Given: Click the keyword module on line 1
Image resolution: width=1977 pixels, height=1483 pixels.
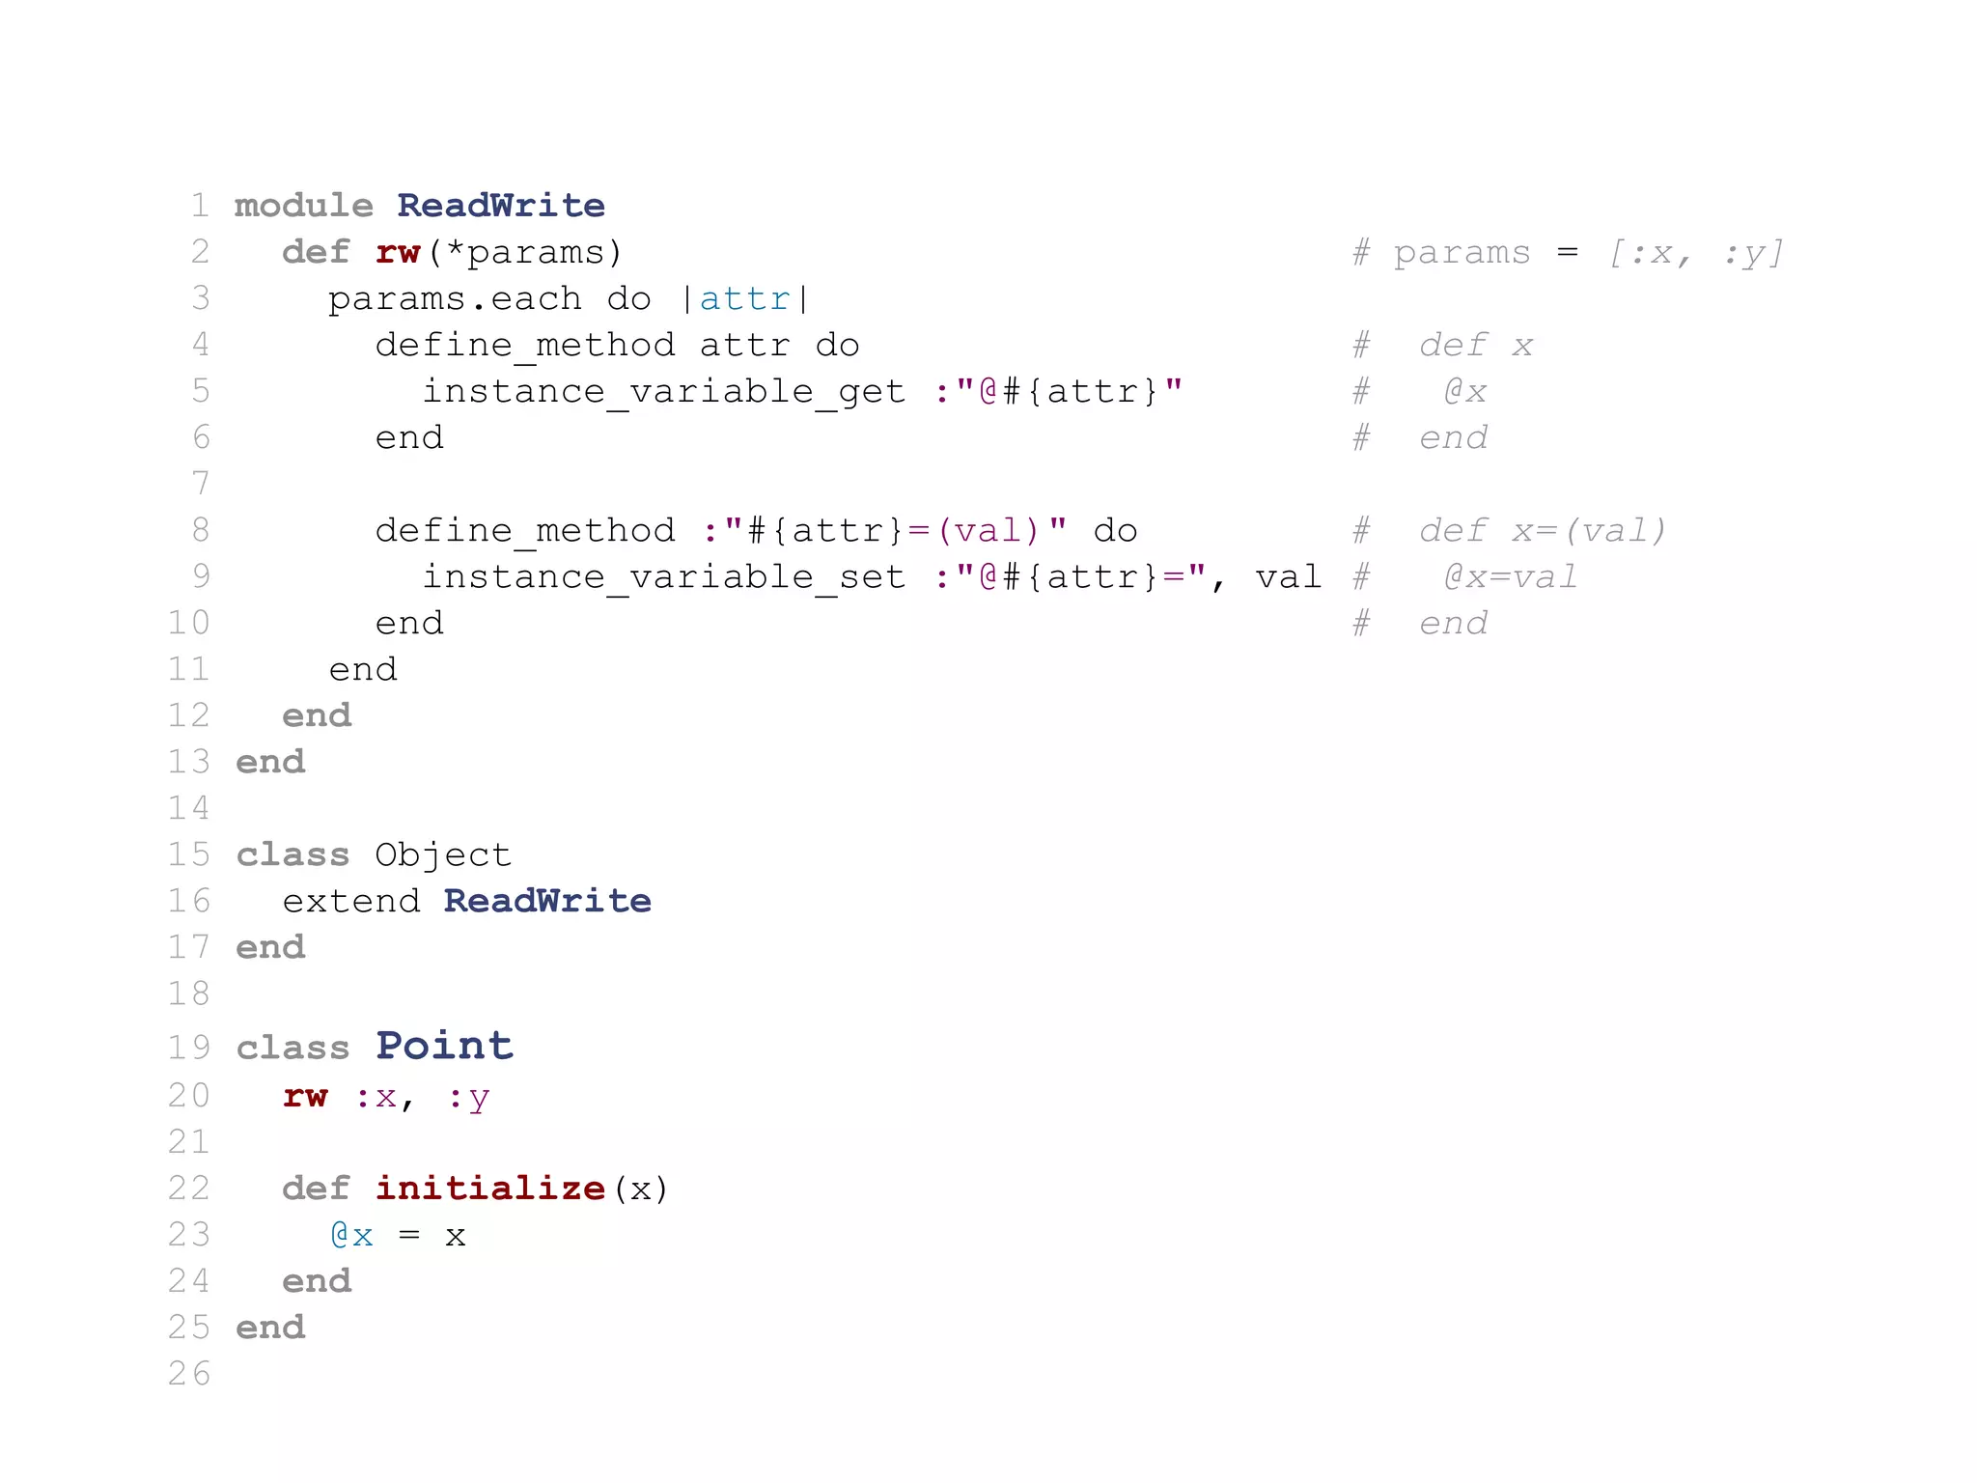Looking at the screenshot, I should tap(303, 206).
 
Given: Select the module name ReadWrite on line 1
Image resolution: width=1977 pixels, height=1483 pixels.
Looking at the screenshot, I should tap(500, 206).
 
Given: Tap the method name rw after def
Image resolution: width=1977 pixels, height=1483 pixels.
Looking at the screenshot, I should tap(398, 252).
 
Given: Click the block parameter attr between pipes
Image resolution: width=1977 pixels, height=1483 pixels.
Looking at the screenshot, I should tap(744, 299).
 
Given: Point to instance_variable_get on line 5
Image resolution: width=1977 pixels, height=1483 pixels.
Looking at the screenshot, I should tap(664, 392).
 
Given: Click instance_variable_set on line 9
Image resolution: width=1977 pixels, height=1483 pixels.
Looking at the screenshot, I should tap(664, 577).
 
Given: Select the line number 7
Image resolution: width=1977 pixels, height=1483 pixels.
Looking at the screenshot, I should tap(200, 483).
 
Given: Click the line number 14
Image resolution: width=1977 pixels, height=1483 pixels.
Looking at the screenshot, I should tap(188, 807).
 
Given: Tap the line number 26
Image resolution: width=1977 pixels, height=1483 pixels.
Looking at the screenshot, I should tap(188, 1373).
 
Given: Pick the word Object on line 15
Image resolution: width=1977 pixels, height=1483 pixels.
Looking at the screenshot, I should tap(443, 854).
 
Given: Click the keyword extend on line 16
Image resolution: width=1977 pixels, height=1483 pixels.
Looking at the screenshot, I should tap(351, 901).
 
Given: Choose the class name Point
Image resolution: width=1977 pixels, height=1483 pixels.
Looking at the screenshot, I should tap(444, 1046).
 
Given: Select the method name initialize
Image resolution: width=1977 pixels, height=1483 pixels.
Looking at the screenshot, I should tap(490, 1188).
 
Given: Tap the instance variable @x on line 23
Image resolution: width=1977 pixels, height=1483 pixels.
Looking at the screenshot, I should tap(351, 1236).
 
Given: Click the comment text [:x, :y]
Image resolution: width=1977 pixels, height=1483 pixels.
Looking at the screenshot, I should tap(1695, 253).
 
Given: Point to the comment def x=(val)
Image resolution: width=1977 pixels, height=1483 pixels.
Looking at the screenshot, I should tap(1542, 531).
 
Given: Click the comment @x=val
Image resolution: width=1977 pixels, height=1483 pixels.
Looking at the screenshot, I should tap(1510, 577).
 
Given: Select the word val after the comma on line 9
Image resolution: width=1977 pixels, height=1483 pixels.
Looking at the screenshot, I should tap(1288, 577).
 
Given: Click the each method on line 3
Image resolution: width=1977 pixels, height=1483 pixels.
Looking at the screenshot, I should tap(536, 299).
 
